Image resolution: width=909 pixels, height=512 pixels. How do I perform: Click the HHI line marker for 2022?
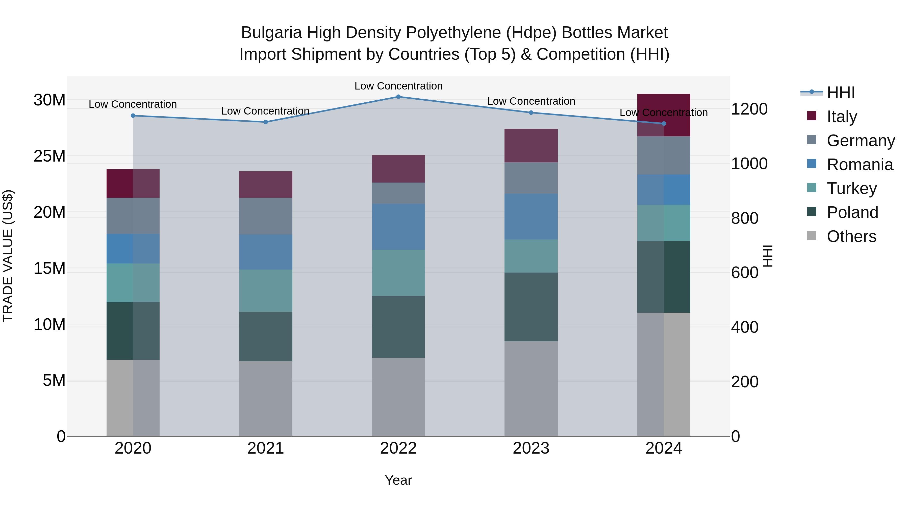(398, 97)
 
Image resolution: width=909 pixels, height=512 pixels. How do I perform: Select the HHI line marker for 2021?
(266, 122)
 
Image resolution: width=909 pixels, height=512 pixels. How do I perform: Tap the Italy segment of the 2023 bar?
(531, 146)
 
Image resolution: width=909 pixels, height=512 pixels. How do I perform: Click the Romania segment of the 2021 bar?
(265, 252)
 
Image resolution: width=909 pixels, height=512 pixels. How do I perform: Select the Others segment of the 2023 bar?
(531, 388)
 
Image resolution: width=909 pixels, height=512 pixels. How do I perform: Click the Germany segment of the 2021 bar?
(265, 216)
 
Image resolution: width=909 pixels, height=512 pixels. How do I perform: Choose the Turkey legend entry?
(851, 188)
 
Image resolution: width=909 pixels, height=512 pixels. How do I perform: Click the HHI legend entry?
(841, 93)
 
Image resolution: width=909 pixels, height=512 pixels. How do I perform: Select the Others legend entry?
(851, 236)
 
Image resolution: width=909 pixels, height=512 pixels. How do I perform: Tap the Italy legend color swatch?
(812, 116)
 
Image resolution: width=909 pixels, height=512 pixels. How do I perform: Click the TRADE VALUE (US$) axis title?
(8, 256)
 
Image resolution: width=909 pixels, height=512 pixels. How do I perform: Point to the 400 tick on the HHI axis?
(745, 327)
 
